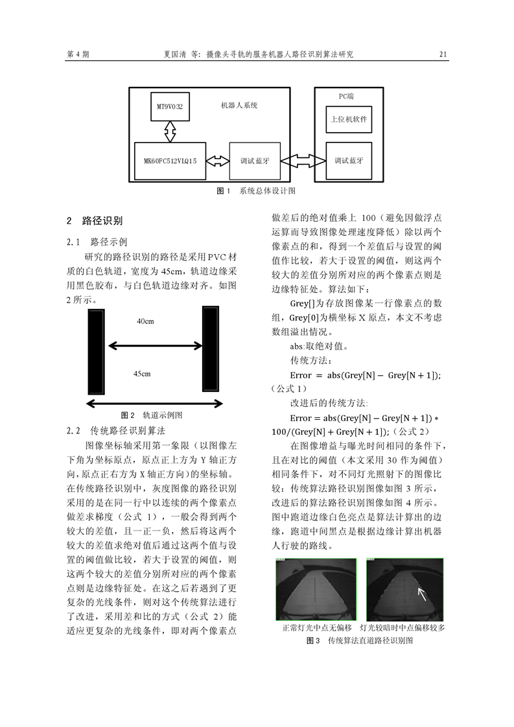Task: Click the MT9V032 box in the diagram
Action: (170, 106)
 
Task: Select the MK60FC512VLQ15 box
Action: (170, 159)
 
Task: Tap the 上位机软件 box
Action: (348, 119)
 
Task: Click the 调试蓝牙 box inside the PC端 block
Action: (349, 160)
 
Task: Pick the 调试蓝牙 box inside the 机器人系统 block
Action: (255, 160)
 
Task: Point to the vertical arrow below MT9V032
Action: (170, 131)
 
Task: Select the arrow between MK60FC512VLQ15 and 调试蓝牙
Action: (218, 160)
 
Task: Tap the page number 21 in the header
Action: (443, 55)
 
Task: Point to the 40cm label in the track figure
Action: (145, 321)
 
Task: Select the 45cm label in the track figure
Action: (142, 374)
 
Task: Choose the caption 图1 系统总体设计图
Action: (255, 191)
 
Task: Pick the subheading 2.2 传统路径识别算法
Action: (117, 430)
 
